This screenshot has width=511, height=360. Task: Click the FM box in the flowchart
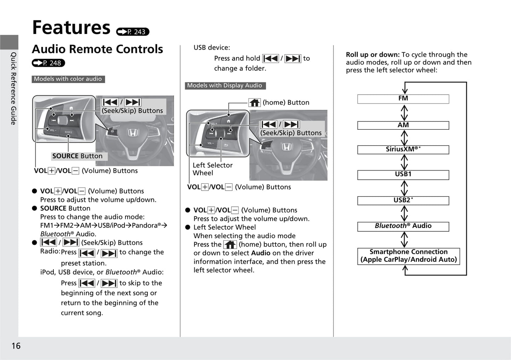[x=403, y=99]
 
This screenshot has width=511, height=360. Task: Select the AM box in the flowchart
[x=403, y=125]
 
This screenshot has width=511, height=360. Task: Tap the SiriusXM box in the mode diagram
[x=403, y=149]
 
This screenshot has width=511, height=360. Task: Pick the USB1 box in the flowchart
[x=403, y=175]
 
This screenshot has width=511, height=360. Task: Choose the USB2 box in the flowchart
[x=403, y=200]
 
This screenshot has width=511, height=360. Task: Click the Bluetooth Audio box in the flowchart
[x=403, y=226]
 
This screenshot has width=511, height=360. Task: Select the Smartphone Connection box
[x=408, y=256]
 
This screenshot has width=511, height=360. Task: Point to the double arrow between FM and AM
[x=404, y=113]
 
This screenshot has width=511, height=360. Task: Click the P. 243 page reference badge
[x=133, y=32]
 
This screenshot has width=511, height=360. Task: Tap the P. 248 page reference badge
[x=48, y=63]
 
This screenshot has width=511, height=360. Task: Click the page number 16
[x=16, y=346]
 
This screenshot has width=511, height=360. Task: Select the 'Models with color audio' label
[x=68, y=79]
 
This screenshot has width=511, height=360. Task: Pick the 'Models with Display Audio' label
[x=225, y=85]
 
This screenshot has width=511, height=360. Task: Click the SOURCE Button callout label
[x=77, y=156]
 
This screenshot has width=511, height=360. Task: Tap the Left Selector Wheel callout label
[x=213, y=169]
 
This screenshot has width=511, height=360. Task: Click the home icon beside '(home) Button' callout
[x=254, y=102]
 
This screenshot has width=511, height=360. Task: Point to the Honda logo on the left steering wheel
[x=132, y=133]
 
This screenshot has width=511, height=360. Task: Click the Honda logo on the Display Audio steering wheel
[x=286, y=147]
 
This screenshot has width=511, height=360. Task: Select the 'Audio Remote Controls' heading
[x=97, y=49]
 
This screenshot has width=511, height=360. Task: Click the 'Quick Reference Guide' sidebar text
[x=13, y=88]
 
